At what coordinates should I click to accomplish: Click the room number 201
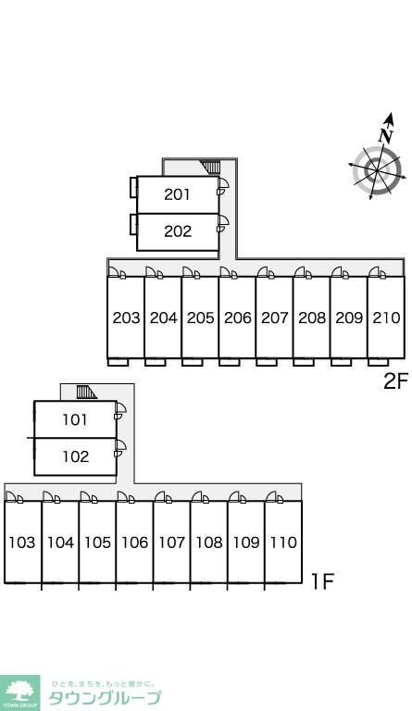pyautogui.click(x=177, y=194)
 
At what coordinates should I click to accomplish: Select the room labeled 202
pyautogui.click(x=177, y=231)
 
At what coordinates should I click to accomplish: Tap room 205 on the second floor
pyautogui.click(x=200, y=318)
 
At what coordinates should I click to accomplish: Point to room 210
pyautogui.click(x=386, y=318)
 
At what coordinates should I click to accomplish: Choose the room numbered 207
pyautogui.click(x=274, y=318)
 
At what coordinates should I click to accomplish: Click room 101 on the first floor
pyautogui.click(x=75, y=419)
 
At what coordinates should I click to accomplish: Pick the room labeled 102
pyautogui.click(x=75, y=456)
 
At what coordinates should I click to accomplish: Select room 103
pyautogui.click(x=22, y=542)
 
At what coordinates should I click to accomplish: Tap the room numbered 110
pyautogui.click(x=283, y=542)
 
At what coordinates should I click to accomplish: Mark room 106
pyautogui.click(x=134, y=542)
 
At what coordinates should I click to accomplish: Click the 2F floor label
pyautogui.click(x=395, y=381)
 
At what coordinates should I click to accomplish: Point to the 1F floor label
pyautogui.click(x=322, y=581)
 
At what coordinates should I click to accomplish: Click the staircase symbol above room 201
pyautogui.click(x=211, y=168)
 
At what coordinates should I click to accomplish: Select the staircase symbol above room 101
pyautogui.click(x=86, y=392)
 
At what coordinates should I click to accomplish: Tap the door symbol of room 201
pyautogui.click(x=222, y=186)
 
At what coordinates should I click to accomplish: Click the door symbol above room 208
pyautogui.click(x=303, y=272)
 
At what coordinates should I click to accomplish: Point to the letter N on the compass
pyautogui.click(x=386, y=135)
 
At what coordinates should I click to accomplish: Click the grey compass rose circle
pyautogui.click(x=377, y=171)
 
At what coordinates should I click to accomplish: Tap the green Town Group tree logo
pyautogui.click(x=19, y=692)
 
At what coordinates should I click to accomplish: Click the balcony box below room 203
pyautogui.click(x=119, y=362)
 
